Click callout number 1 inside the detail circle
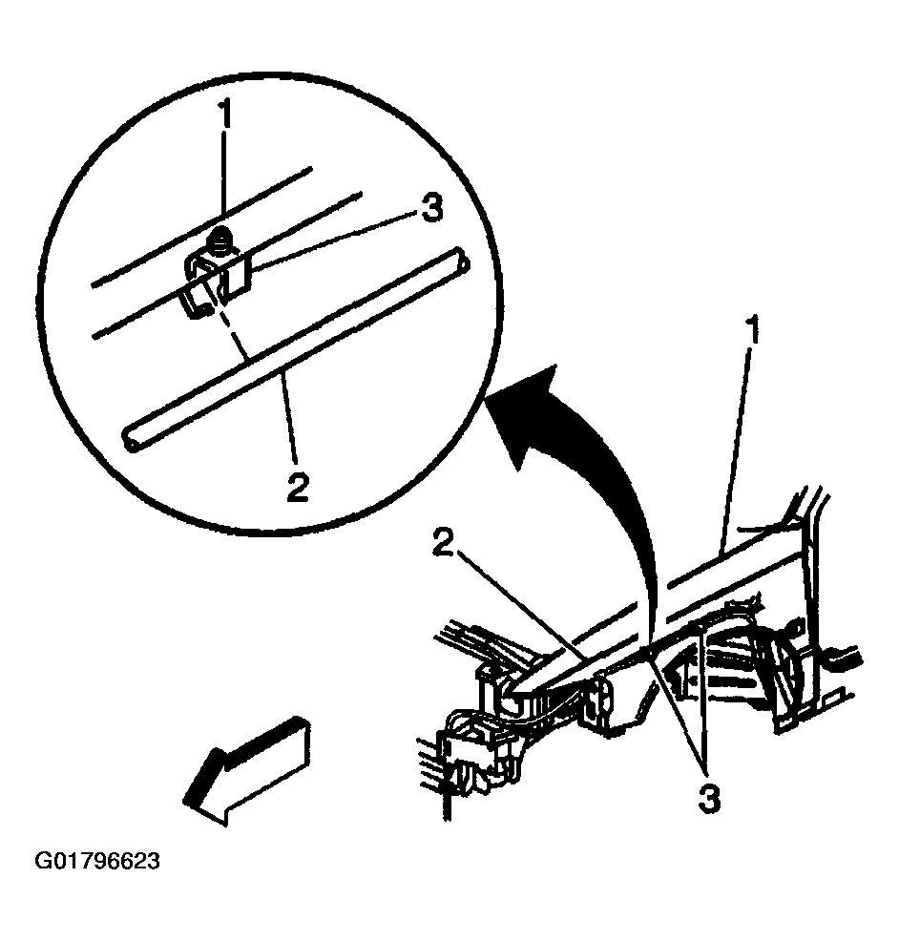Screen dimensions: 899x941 click(224, 114)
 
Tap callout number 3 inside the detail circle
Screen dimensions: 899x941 click(431, 209)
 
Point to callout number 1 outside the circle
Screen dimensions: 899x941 click(754, 329)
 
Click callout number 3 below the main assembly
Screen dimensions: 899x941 click(708, 799)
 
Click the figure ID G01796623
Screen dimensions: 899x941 click(97, 861)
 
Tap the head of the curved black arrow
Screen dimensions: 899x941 click(523, 414)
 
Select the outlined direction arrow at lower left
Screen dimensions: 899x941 click(246, 771)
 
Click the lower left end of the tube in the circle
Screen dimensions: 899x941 click(131, 440)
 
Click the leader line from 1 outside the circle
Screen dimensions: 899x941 click(738, 447)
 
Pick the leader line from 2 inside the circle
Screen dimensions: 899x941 click(289, 416)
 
